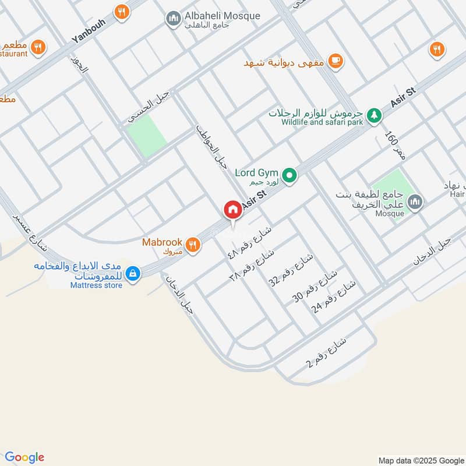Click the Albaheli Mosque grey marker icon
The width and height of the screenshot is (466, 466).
coord(172,19)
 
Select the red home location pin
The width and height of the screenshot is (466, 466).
coord(232,210)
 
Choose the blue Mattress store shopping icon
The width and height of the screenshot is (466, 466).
coord(133,273)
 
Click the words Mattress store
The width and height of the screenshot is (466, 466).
coord(96,285)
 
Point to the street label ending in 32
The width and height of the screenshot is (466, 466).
coord(291,269)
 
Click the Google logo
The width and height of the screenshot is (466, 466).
coord(24,457)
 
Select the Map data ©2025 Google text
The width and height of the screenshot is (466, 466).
coord(420,459)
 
